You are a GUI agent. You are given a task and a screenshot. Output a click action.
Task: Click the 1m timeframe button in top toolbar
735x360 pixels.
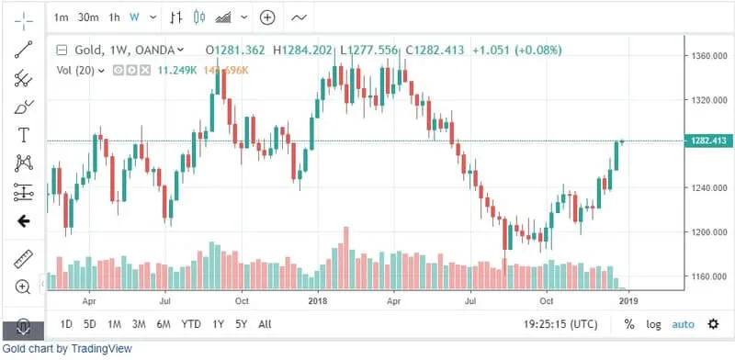tap(61, 17)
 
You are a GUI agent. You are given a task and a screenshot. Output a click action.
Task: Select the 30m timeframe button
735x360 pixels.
tap(88, 17)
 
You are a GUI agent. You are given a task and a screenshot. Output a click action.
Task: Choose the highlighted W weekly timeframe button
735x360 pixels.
tap(134, 17)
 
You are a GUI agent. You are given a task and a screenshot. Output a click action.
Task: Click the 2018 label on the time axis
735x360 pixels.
tap(318, 300)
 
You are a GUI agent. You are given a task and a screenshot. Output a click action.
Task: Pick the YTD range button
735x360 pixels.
tap(190, 324)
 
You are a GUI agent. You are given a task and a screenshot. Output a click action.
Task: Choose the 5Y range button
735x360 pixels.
tap(241, 324)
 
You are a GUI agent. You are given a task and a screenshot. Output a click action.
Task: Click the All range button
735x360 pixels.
tap(265, 324)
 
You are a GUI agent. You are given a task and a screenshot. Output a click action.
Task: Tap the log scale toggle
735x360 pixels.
tap(653, 324)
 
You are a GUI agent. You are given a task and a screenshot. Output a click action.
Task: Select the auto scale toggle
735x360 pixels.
tap(683, 324)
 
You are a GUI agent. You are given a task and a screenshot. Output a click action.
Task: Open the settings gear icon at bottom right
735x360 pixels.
tap(713, 324)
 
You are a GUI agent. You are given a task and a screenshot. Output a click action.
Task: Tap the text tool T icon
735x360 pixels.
tap(24, 135)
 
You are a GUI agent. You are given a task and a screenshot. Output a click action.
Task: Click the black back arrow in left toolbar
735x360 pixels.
tap(24, 220)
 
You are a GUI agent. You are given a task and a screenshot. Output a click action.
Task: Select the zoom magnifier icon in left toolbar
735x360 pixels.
tap(24, 287)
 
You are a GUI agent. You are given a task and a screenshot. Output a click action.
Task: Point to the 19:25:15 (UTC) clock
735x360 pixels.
tap(560, 324)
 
